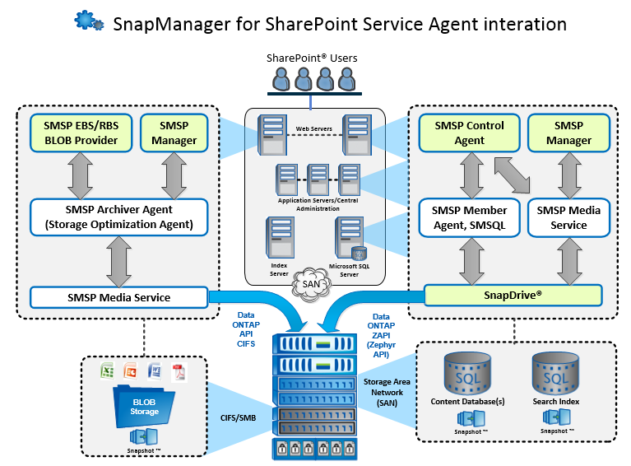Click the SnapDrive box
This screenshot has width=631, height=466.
point(513,295)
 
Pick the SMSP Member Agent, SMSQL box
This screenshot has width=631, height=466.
point(469,217)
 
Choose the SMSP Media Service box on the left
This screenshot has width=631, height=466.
point(119,297)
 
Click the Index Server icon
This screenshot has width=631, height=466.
point(277,238)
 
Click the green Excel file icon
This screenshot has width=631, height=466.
point(106,370)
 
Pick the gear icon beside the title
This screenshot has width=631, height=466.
point(89,21)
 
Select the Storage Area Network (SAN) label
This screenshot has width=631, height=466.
point(384,391)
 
